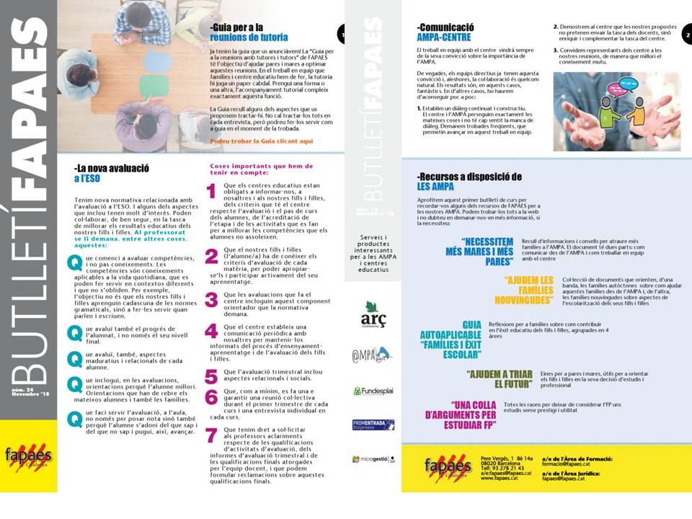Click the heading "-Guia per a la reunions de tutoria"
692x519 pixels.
point(249,32)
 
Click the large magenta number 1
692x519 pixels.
point(211,191)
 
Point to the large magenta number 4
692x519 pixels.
point(211,331)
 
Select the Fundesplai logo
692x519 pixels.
point(372,391)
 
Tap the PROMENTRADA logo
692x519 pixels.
point(372,425)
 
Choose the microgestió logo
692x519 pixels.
point(373,458)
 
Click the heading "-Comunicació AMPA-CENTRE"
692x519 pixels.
point(445,32)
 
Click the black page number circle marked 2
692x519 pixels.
point(686,34)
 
